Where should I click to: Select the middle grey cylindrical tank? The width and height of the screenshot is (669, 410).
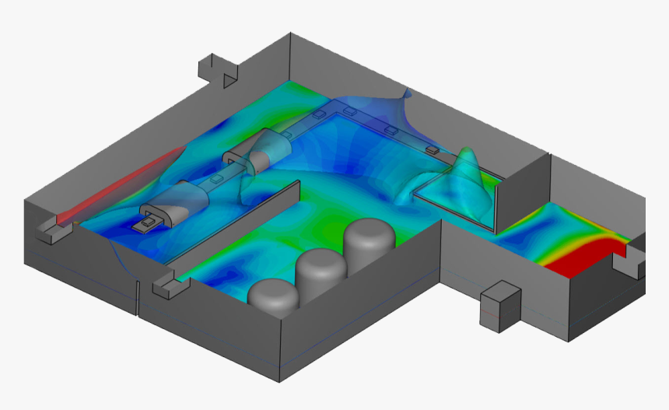click(320, 268)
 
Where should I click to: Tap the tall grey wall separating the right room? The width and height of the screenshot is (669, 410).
click(522, 187)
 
